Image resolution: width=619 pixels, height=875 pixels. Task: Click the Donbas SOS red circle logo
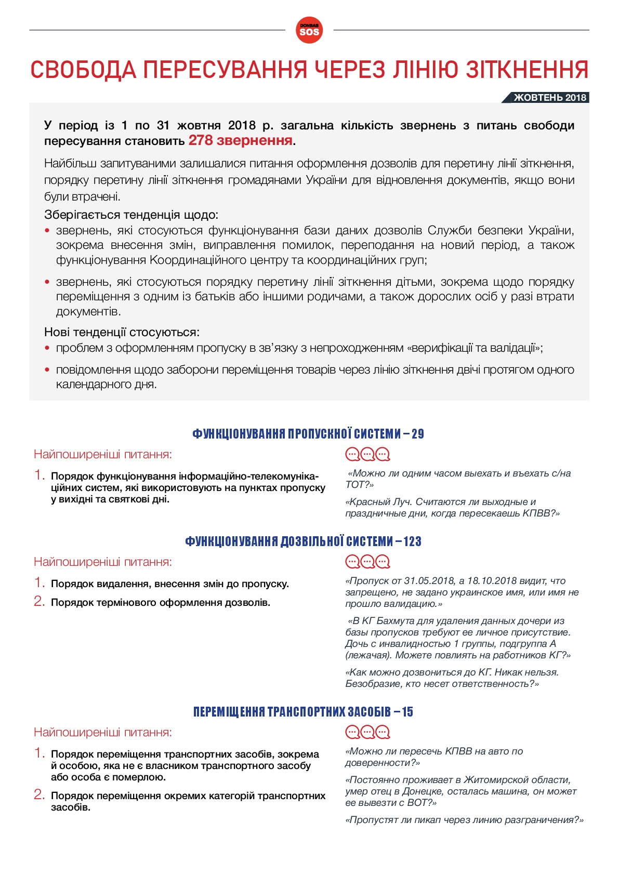(x=309, y=30)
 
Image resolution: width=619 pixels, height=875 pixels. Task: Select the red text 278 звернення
(x=240, y=140)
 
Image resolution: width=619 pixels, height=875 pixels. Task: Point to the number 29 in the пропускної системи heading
(x=418, y=434)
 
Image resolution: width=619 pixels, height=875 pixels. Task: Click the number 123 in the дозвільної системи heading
(x=412, y=541)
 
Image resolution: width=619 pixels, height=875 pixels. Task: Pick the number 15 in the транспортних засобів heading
(x=407, y=712)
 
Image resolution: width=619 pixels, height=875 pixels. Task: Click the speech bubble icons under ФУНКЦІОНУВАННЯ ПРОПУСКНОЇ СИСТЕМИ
(x=367, y=455)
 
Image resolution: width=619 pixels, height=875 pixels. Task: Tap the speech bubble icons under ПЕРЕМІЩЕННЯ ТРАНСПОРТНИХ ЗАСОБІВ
(x=367, y=732)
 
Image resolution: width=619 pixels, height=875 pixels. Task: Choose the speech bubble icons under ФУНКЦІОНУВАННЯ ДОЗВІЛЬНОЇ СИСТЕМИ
(x=367, y=562)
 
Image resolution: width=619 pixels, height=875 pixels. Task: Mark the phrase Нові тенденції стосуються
(x=122, y=332)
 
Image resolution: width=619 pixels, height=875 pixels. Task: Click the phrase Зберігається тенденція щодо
(x=131, y=215)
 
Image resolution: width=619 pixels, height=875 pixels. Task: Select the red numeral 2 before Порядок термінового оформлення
(x=39, y=602)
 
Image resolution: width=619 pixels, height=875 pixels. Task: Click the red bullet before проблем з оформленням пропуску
(x=47, y=348)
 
